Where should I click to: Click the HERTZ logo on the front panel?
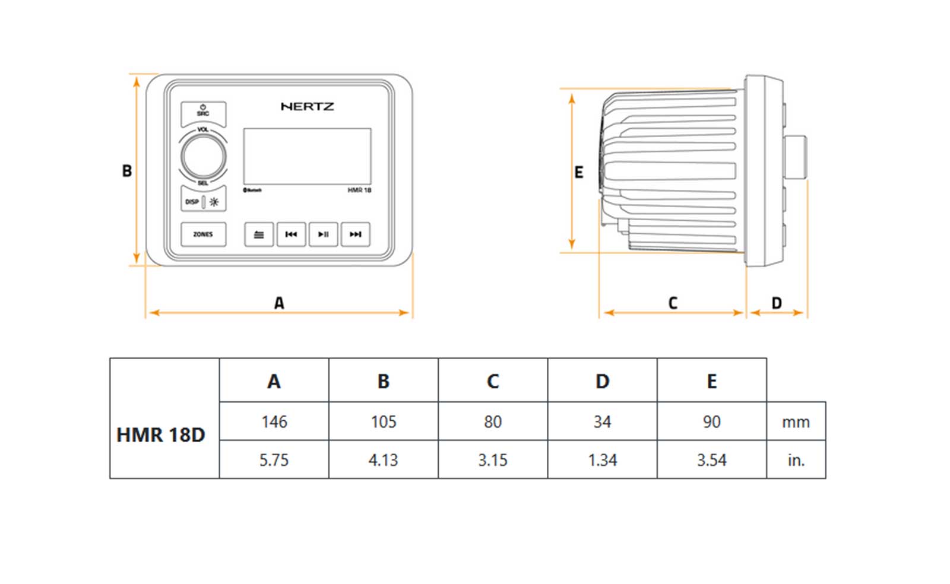point(307,107)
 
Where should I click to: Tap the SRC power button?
point(203,112)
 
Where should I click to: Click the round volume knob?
point(203,156)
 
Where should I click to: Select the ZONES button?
point(203,234)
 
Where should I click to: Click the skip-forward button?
point(355,234)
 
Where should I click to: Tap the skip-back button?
point(291,234)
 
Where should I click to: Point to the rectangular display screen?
point(307,156)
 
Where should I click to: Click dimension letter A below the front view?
point(279,303)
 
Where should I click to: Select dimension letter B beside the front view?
point(127,171)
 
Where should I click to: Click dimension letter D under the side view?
point(777,303)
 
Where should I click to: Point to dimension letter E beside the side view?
point(579,172)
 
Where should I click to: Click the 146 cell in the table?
point(274,422)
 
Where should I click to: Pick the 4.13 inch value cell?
point(383,460)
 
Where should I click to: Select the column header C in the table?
point(493,381)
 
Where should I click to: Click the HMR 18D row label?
point(161,435)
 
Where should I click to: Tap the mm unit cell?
point(796,422)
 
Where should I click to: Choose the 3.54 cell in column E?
point(711,460)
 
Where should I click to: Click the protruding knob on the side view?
point(796,157)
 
